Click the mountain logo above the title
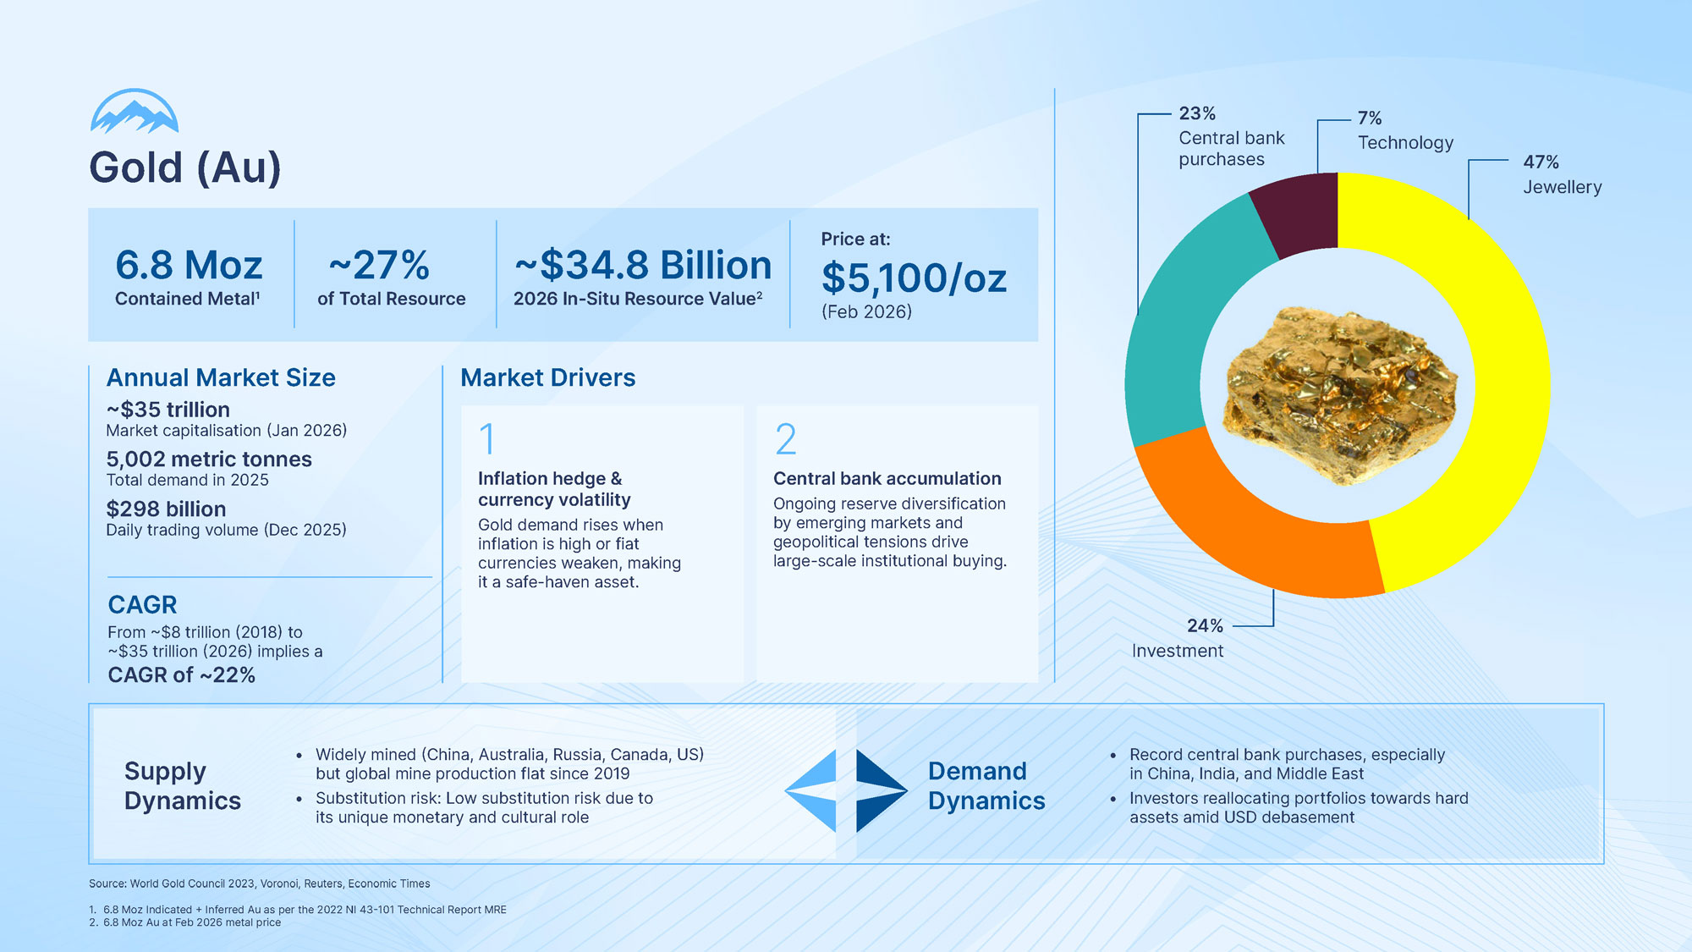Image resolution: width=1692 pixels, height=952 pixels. coord(135,113)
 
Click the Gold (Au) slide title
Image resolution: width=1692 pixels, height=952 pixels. coord(184,168)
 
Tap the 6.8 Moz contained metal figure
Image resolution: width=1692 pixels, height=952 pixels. coord(189,266)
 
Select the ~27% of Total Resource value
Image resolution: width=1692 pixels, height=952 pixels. coord(379,266)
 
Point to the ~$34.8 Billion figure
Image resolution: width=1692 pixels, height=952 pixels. coord(643,266)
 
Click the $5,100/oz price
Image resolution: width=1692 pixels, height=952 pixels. coord(914,278)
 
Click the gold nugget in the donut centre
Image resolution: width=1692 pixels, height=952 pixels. coord(1341,393)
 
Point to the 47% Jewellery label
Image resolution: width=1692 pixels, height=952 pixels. coord(1562,174)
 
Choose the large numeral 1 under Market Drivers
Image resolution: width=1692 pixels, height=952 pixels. coord(486,439)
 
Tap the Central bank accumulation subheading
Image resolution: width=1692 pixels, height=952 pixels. coord(887,479)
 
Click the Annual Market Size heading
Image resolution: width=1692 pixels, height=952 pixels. coord(221,377)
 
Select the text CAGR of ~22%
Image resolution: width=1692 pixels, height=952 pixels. coord(181,675)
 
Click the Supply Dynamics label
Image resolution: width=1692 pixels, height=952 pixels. coord(182,786)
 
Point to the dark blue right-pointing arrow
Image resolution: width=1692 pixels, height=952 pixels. coord(880,790)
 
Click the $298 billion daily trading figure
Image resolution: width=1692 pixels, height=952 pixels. coord(166,509)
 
